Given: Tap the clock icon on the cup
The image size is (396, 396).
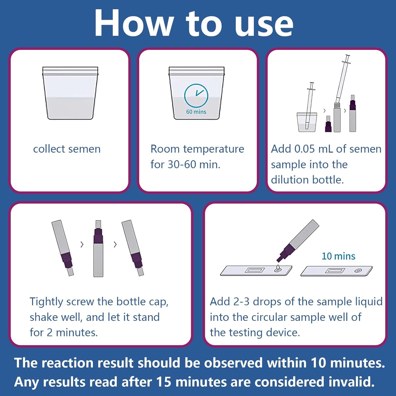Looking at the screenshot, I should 196,95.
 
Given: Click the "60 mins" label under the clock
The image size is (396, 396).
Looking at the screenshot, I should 196,112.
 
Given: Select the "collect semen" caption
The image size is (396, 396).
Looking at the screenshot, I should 67,149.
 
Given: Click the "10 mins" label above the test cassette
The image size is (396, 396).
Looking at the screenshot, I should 338,256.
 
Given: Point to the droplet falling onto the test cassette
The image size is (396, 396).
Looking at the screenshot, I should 277,268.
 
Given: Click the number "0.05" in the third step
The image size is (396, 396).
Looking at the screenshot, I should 305,149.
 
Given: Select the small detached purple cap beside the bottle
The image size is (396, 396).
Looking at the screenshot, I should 328,124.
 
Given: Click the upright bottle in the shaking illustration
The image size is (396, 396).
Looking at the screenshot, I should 98,249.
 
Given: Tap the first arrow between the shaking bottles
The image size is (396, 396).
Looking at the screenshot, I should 82,244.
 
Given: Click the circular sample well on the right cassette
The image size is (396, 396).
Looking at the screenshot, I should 358,271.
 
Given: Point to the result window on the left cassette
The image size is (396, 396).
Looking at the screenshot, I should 255,270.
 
